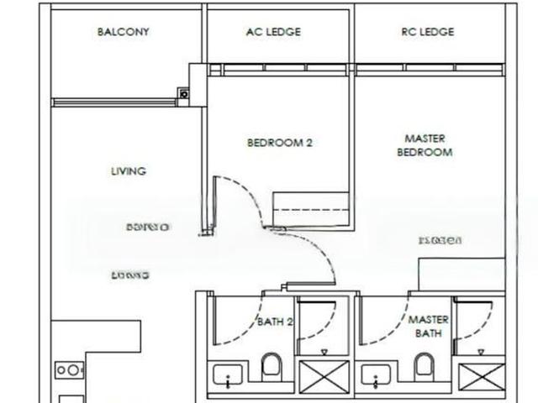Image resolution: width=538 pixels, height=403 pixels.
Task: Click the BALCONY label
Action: click(x=124, y=33)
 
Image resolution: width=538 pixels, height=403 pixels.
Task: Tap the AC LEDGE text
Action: click(x=273, y=33)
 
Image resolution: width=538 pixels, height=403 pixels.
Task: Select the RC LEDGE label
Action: click(x=427, y=33)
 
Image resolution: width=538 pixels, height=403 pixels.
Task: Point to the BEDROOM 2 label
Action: click(x=279, y=143)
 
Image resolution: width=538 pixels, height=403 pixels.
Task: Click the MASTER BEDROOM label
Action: click(x=425, y=145)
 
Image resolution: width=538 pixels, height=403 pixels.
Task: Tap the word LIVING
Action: click(x=129, y=171)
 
